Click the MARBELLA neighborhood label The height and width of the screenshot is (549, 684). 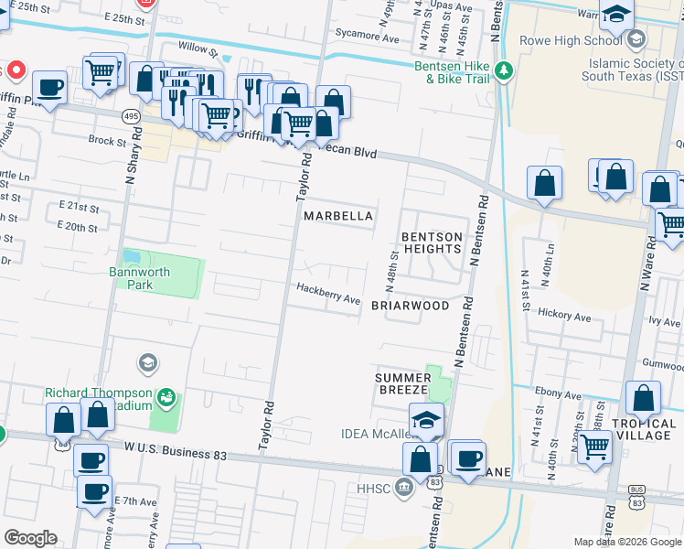[x=338, y=216]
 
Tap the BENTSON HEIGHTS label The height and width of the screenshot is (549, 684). [x=432, y=242]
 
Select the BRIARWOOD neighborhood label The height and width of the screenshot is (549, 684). [x=410, y=306]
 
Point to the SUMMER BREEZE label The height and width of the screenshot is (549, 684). [x=402, y=383]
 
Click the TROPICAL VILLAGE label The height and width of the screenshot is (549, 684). [x=642, y=429]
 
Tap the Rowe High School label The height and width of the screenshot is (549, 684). [x=572, y=40]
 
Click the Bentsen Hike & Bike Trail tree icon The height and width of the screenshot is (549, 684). [x=502, y=70]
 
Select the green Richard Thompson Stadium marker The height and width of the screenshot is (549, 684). [x=166, y=396]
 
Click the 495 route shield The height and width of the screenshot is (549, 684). [x=132, y=116]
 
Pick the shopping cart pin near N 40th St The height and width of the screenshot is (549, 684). [x=595, y=447]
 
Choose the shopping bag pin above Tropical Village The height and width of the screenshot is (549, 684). [x=643, y=398]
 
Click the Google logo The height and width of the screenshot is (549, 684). [x=30, y=538]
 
